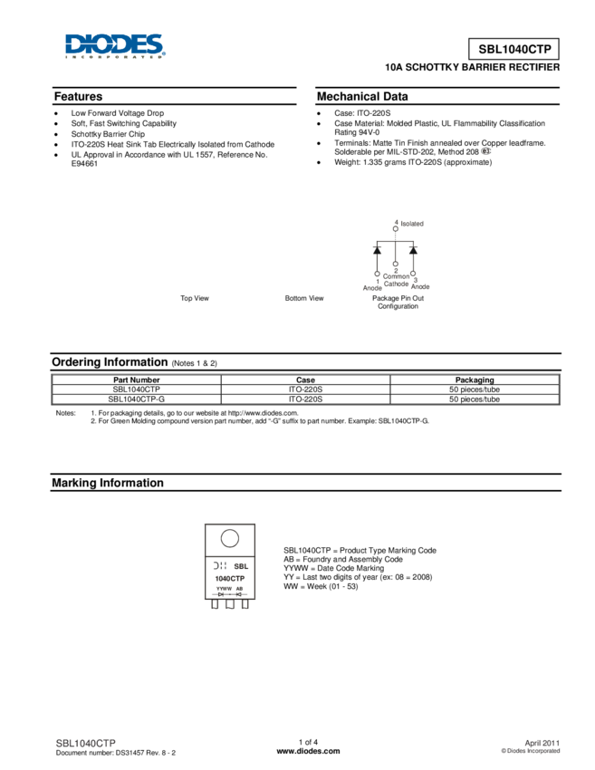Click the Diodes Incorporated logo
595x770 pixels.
coord(115,46)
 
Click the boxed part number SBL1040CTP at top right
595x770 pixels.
coord(514,49)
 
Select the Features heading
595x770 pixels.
coord(78,96)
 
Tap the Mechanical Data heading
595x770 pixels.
coord(362,96)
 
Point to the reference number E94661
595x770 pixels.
coord(84,164)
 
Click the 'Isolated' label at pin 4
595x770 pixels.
coord(412,224)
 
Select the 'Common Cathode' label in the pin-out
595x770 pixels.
coord(396,280)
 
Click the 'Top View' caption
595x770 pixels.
coord(195,298)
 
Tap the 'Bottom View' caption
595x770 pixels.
coord(304,298)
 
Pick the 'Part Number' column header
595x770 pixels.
coord(137,380)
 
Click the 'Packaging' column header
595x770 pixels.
coord(475,380)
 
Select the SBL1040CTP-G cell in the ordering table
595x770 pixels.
coord(137,399)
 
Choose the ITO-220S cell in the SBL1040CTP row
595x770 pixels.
coord(305,390)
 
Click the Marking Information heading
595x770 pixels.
coord(108,483)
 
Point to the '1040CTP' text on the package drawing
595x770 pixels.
coord(230,579)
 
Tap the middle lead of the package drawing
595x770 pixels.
coord(230,604)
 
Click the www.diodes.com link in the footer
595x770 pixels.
coord(308,751)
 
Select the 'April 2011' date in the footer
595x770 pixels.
coord(542,743)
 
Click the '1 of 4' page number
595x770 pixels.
coord(308,742)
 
